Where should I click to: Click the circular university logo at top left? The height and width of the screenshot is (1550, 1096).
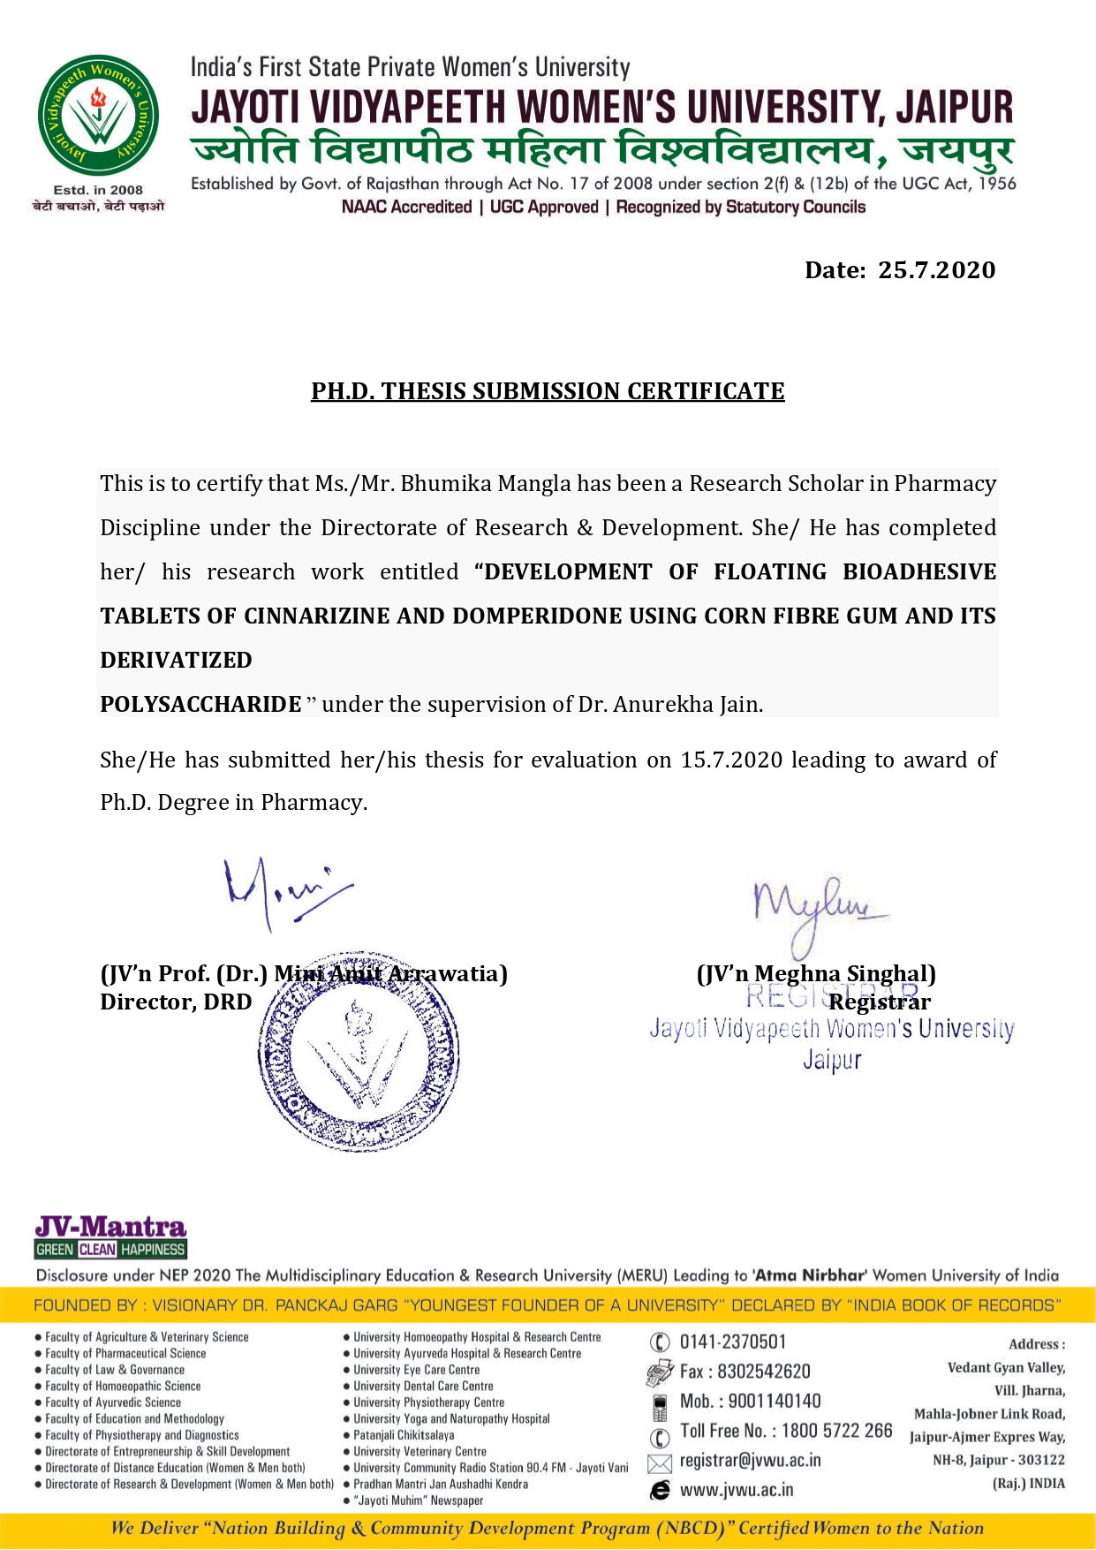point(98,115)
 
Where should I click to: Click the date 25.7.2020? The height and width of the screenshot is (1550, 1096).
point(936,270)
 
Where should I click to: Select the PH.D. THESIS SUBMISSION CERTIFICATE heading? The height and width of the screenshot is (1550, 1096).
point(548,391)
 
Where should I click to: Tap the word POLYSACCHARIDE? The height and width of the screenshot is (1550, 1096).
point(200,705)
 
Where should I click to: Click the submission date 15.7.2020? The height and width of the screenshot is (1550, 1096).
point(731,760)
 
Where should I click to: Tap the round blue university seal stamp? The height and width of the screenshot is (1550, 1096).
point(359,1051)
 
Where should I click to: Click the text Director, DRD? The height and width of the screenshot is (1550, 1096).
point(176,1002)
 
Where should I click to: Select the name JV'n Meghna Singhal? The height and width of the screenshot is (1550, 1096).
point(816,974)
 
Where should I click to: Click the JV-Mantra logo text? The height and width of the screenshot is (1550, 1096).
point(110,1227)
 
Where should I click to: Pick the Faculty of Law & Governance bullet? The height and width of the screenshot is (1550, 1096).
point(115,1370)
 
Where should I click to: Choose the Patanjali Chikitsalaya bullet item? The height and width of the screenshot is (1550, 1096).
point(404,1435)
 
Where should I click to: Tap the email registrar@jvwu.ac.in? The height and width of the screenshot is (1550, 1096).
point(750,1461)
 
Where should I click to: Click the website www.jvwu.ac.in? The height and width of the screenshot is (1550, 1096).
point(736,1491)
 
